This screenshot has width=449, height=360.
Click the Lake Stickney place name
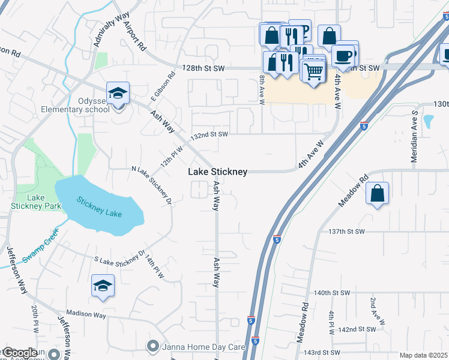[217, 172]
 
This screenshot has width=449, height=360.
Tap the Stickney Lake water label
[98, 208]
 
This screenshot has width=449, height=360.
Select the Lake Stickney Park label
[29, 202]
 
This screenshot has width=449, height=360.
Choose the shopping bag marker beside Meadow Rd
[377, 194]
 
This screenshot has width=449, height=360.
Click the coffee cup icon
[343, 56]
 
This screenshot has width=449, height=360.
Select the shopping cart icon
[313, 71]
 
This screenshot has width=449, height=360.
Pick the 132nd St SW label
[209, 134]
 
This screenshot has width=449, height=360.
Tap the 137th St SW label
[346, 232]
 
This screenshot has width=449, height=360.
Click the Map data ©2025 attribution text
[423, 355]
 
